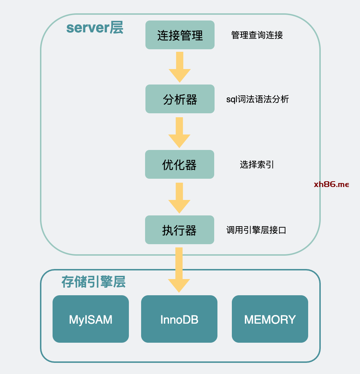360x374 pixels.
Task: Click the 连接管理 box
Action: point(180,35)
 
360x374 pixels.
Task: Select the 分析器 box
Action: point(180,99)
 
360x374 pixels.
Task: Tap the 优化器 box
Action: point(179,164)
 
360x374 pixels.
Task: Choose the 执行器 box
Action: point(179,230)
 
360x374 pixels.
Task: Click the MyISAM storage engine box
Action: point(91,319)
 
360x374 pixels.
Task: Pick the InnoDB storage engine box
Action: point(179,319)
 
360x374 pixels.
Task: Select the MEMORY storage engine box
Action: point(270,319)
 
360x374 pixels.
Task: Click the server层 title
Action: point(95,28)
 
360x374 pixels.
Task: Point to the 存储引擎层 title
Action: point(93,282)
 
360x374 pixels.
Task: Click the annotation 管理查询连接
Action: point(257,35)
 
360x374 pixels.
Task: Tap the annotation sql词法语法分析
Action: point(257,99)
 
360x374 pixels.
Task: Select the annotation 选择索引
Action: point(257,164)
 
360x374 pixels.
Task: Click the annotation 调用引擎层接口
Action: point(256,230)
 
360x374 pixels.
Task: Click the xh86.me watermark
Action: point(331,184)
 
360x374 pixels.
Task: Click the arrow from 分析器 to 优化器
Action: point(179,132)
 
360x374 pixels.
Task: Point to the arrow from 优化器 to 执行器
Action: point(179,198)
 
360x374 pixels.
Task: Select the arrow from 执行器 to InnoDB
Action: point(179,270)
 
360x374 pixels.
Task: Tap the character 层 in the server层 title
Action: point(116,28)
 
